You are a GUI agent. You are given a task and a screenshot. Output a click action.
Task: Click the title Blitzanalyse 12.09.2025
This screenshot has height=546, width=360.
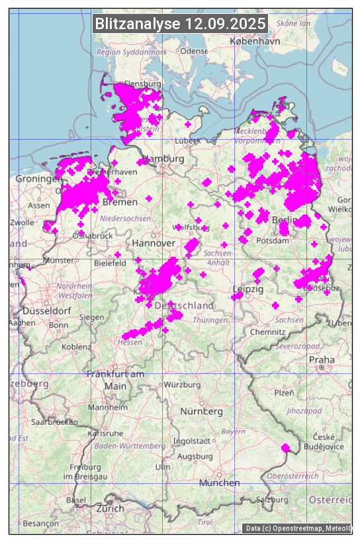pos(180,24)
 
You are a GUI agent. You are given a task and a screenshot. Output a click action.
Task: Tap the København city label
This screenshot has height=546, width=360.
pos(255,41)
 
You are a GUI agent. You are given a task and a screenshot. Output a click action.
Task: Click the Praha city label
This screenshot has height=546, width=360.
pos(321,359)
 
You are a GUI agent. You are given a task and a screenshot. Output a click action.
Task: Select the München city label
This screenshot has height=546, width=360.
pos(219,483)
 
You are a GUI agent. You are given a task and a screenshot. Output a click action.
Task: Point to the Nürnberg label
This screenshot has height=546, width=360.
pos(202,411)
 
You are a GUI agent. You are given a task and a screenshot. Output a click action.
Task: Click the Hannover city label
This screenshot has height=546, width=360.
pos(154,244)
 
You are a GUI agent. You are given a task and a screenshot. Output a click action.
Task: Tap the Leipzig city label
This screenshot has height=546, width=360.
pos(248,289)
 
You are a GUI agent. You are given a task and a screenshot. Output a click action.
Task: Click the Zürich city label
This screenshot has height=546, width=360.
pos(110,508)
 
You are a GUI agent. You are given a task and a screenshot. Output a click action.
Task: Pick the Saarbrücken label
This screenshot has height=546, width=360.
pos(52,421)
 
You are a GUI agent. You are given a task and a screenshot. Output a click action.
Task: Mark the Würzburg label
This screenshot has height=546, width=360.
pos(183,385)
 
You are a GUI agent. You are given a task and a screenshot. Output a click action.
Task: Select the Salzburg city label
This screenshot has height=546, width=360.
pos(274,500)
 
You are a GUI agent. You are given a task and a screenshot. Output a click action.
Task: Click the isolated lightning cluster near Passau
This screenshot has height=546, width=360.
pos(286,448)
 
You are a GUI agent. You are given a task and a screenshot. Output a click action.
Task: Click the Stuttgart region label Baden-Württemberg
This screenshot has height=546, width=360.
pos(130,446)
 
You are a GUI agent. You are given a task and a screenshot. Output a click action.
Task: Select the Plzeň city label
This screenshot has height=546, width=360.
pos(284,392)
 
